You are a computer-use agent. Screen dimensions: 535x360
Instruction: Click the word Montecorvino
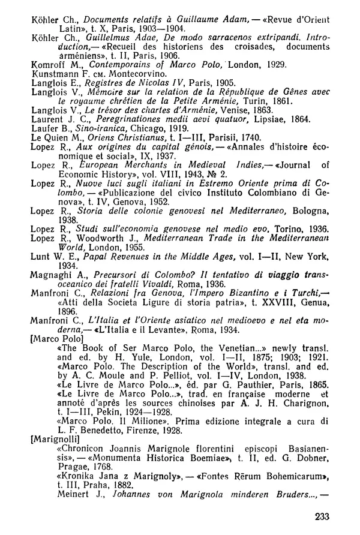coord(125,73)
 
